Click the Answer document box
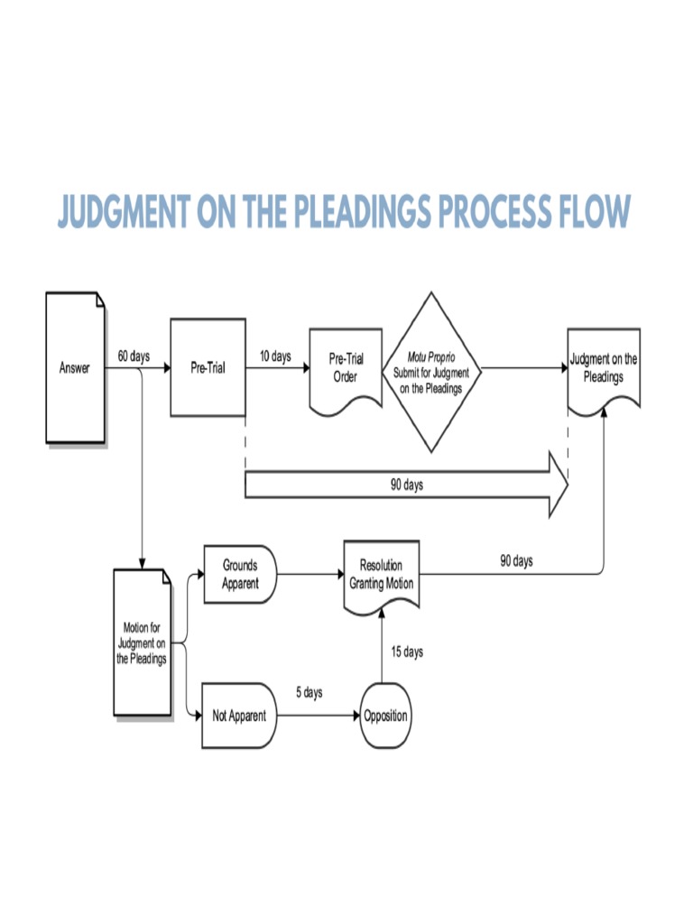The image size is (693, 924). [x=75, y=367]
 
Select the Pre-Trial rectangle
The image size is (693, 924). [x=208, y=367]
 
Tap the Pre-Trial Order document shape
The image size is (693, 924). [x=346, y=369]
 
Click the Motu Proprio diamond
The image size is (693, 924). [x=431, y=371]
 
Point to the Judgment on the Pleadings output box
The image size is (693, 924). [x=603, y=369]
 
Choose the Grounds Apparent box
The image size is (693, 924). [x=240, y=575]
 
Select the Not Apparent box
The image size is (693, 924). [x=239, y=716]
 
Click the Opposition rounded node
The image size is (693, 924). [x=385, y=716]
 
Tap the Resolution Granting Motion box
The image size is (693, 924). [x=382, y=575]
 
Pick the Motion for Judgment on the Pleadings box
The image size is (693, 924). [x=142, y=642]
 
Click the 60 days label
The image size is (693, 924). [x=134, y=356]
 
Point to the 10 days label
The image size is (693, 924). [x=275, y=356]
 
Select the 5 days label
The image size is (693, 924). [x=309, y=693]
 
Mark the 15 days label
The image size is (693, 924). [x=407, y=652]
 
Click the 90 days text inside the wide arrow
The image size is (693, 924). [x=406, y=485]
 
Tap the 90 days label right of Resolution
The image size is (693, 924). [x=516, y=561]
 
